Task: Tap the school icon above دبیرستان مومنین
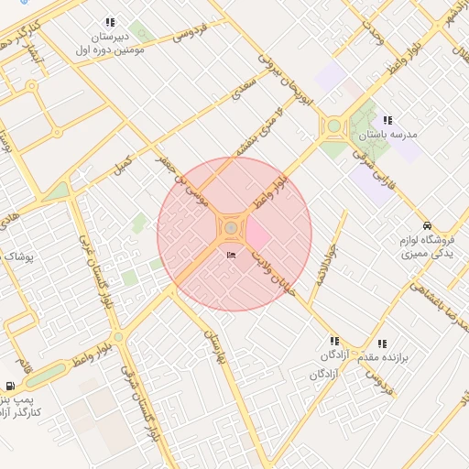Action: [110, 22]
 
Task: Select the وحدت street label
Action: [373, 33]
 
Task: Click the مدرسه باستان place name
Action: [387, 135]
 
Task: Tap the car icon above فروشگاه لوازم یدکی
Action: [428, 225]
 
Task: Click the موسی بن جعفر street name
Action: [184, 180]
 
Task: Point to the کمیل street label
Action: [122, 164]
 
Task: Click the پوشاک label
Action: [17, 258]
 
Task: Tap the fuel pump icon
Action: [10, 387]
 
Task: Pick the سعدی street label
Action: [242, 86]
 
